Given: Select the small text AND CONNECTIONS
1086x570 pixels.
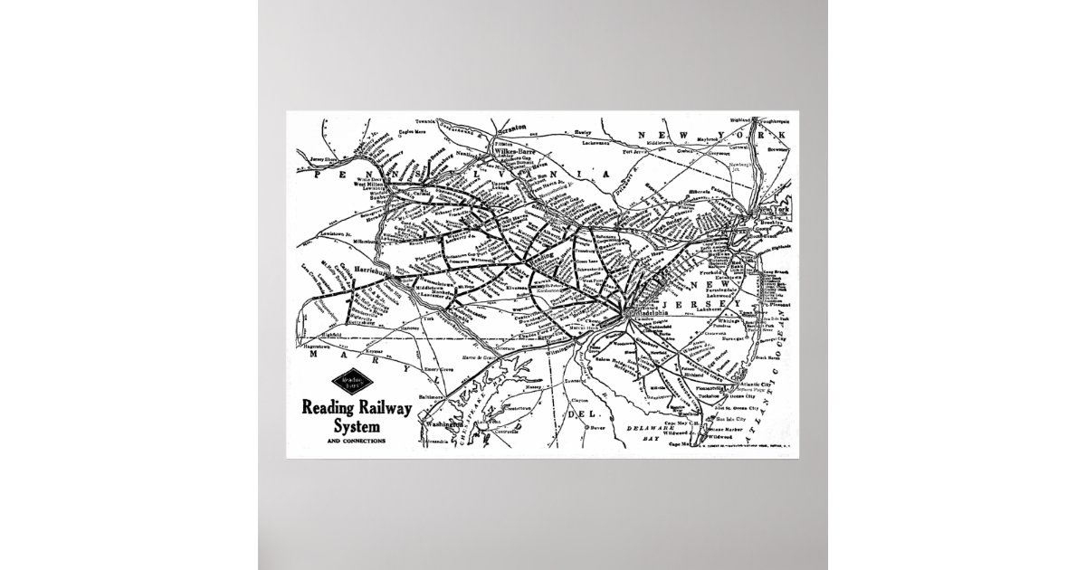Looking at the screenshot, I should (343, 441).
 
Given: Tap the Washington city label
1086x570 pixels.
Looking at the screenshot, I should (440, 423).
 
